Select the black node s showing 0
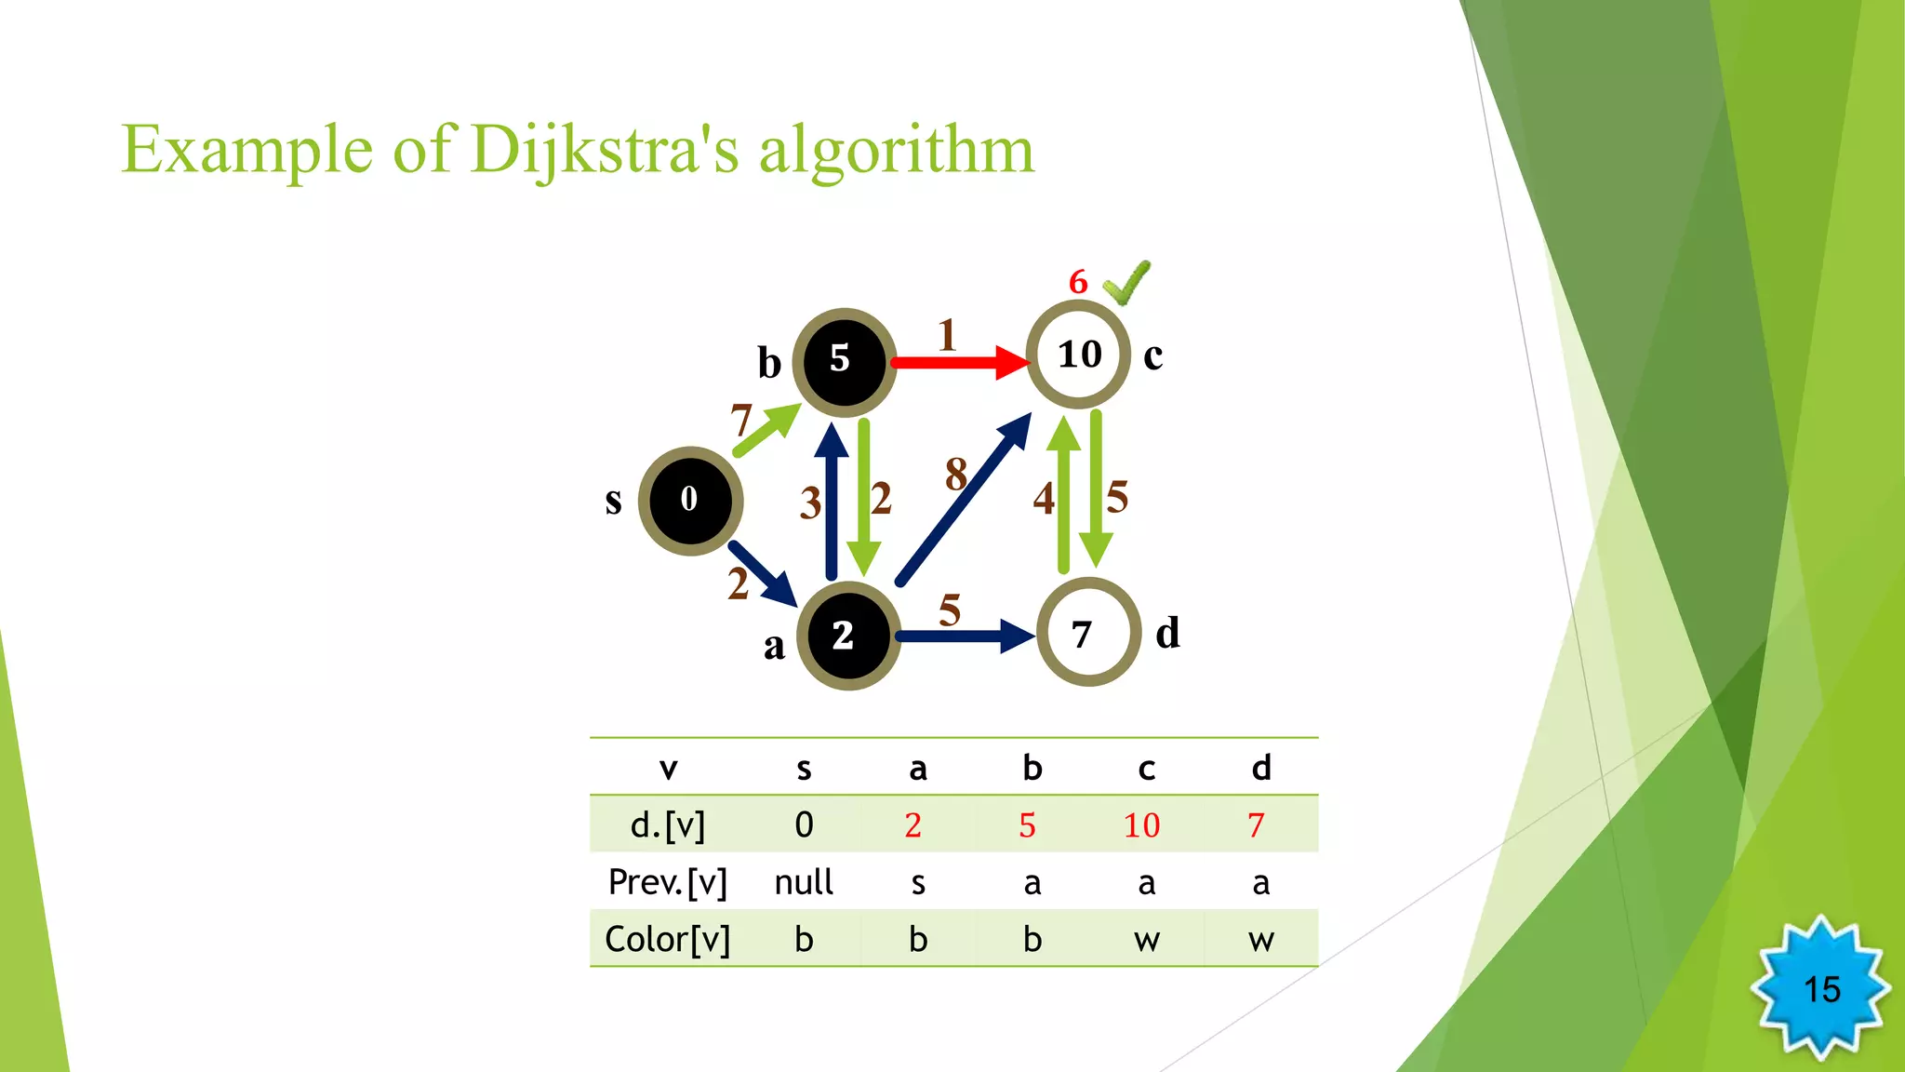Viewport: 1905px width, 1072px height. click(690, 501)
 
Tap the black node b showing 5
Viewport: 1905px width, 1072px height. click(844, 361)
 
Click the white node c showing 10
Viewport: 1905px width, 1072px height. click(1078, 355)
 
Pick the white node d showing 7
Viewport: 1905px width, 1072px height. click(1087, 634)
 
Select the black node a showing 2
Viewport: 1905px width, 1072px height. click(847, 636)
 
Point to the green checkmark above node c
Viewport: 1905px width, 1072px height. click(1126, 283)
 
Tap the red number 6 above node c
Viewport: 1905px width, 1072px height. click(1078, 281)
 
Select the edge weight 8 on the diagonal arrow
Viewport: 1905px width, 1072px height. click(955, 475)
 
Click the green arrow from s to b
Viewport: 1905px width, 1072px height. click(766, 431)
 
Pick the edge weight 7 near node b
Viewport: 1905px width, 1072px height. click(740, 421)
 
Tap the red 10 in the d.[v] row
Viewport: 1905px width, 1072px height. click(1141, 825)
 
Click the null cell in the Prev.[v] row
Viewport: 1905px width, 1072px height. click(804, 882)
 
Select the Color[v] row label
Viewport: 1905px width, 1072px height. click(667, 940)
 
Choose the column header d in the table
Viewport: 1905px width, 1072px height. click(1260, 769)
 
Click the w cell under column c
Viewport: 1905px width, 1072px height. click(1146, 940)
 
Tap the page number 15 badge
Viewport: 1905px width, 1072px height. click(1820, 989)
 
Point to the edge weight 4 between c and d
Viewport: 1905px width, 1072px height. click(1043, 499)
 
